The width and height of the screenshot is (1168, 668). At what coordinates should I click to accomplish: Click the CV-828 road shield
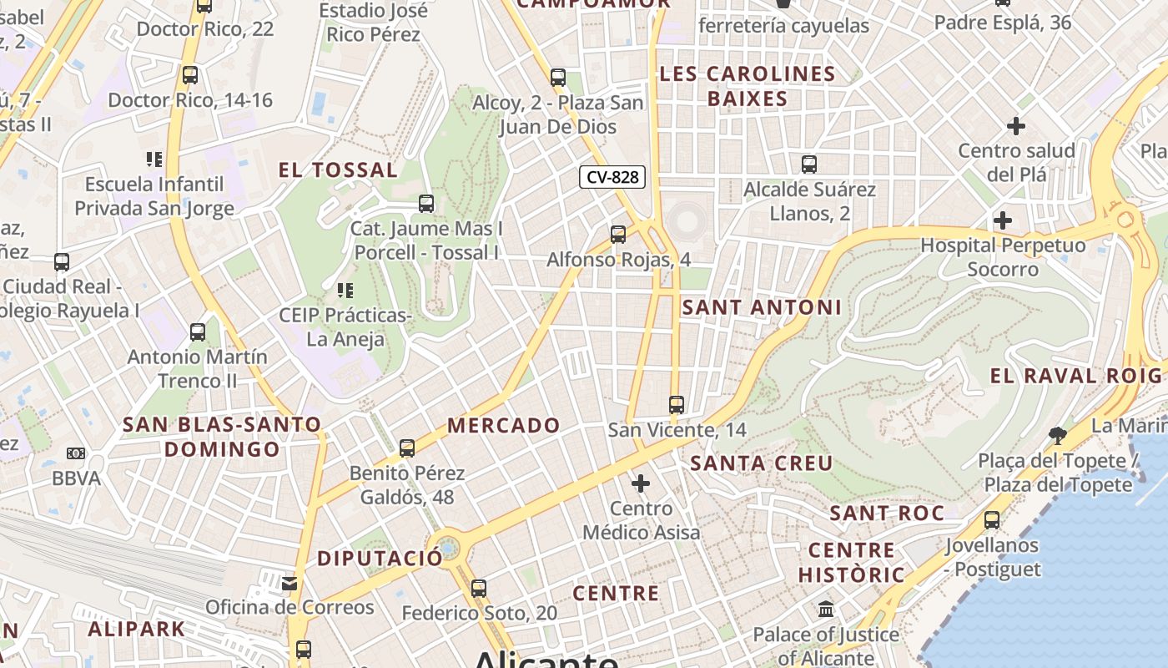[x=612, y=177]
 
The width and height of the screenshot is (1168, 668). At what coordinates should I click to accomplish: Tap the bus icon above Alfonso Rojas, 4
[x=618, y=235]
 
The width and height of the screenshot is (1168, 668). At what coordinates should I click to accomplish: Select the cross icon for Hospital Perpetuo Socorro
[x=1003, y=221]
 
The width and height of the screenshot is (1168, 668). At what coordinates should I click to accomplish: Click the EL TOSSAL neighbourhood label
[x=338, y=170]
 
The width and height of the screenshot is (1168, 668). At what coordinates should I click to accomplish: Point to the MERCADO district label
[x=504, y=425]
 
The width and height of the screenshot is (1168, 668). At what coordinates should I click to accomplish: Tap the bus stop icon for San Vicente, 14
[x=677, y=405]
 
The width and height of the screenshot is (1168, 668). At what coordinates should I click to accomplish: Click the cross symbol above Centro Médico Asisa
[x=641, y=483]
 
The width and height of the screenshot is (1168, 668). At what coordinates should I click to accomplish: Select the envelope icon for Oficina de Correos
[x=289, y=583]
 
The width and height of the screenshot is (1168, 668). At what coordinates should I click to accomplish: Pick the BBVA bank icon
[x=76, y=453]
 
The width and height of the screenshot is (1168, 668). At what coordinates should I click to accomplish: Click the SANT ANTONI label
[x=762, y=307]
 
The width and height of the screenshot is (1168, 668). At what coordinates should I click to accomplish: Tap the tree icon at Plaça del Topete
[x=1057, y=435]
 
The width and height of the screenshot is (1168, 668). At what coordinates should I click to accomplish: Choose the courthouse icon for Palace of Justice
[x=826, y=610]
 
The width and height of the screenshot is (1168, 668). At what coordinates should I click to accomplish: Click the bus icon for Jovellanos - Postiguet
[x=992, y=520]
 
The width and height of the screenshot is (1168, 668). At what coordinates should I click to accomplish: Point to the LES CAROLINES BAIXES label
[x=748, y=86]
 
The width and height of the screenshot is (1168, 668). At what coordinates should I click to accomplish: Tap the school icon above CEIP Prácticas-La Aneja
[x=345, y=291]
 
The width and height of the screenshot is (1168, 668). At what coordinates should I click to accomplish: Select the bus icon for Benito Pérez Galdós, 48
[x=407, y=448]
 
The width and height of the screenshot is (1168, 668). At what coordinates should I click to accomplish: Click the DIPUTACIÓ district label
[x=380, y=559]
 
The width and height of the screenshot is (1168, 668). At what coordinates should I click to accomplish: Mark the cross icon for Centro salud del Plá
[x=1016, y=126]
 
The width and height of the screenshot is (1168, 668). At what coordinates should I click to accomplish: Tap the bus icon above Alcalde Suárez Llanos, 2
[x=808, y=164]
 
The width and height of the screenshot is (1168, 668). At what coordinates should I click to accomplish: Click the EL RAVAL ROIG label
[x=1075, y=376]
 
